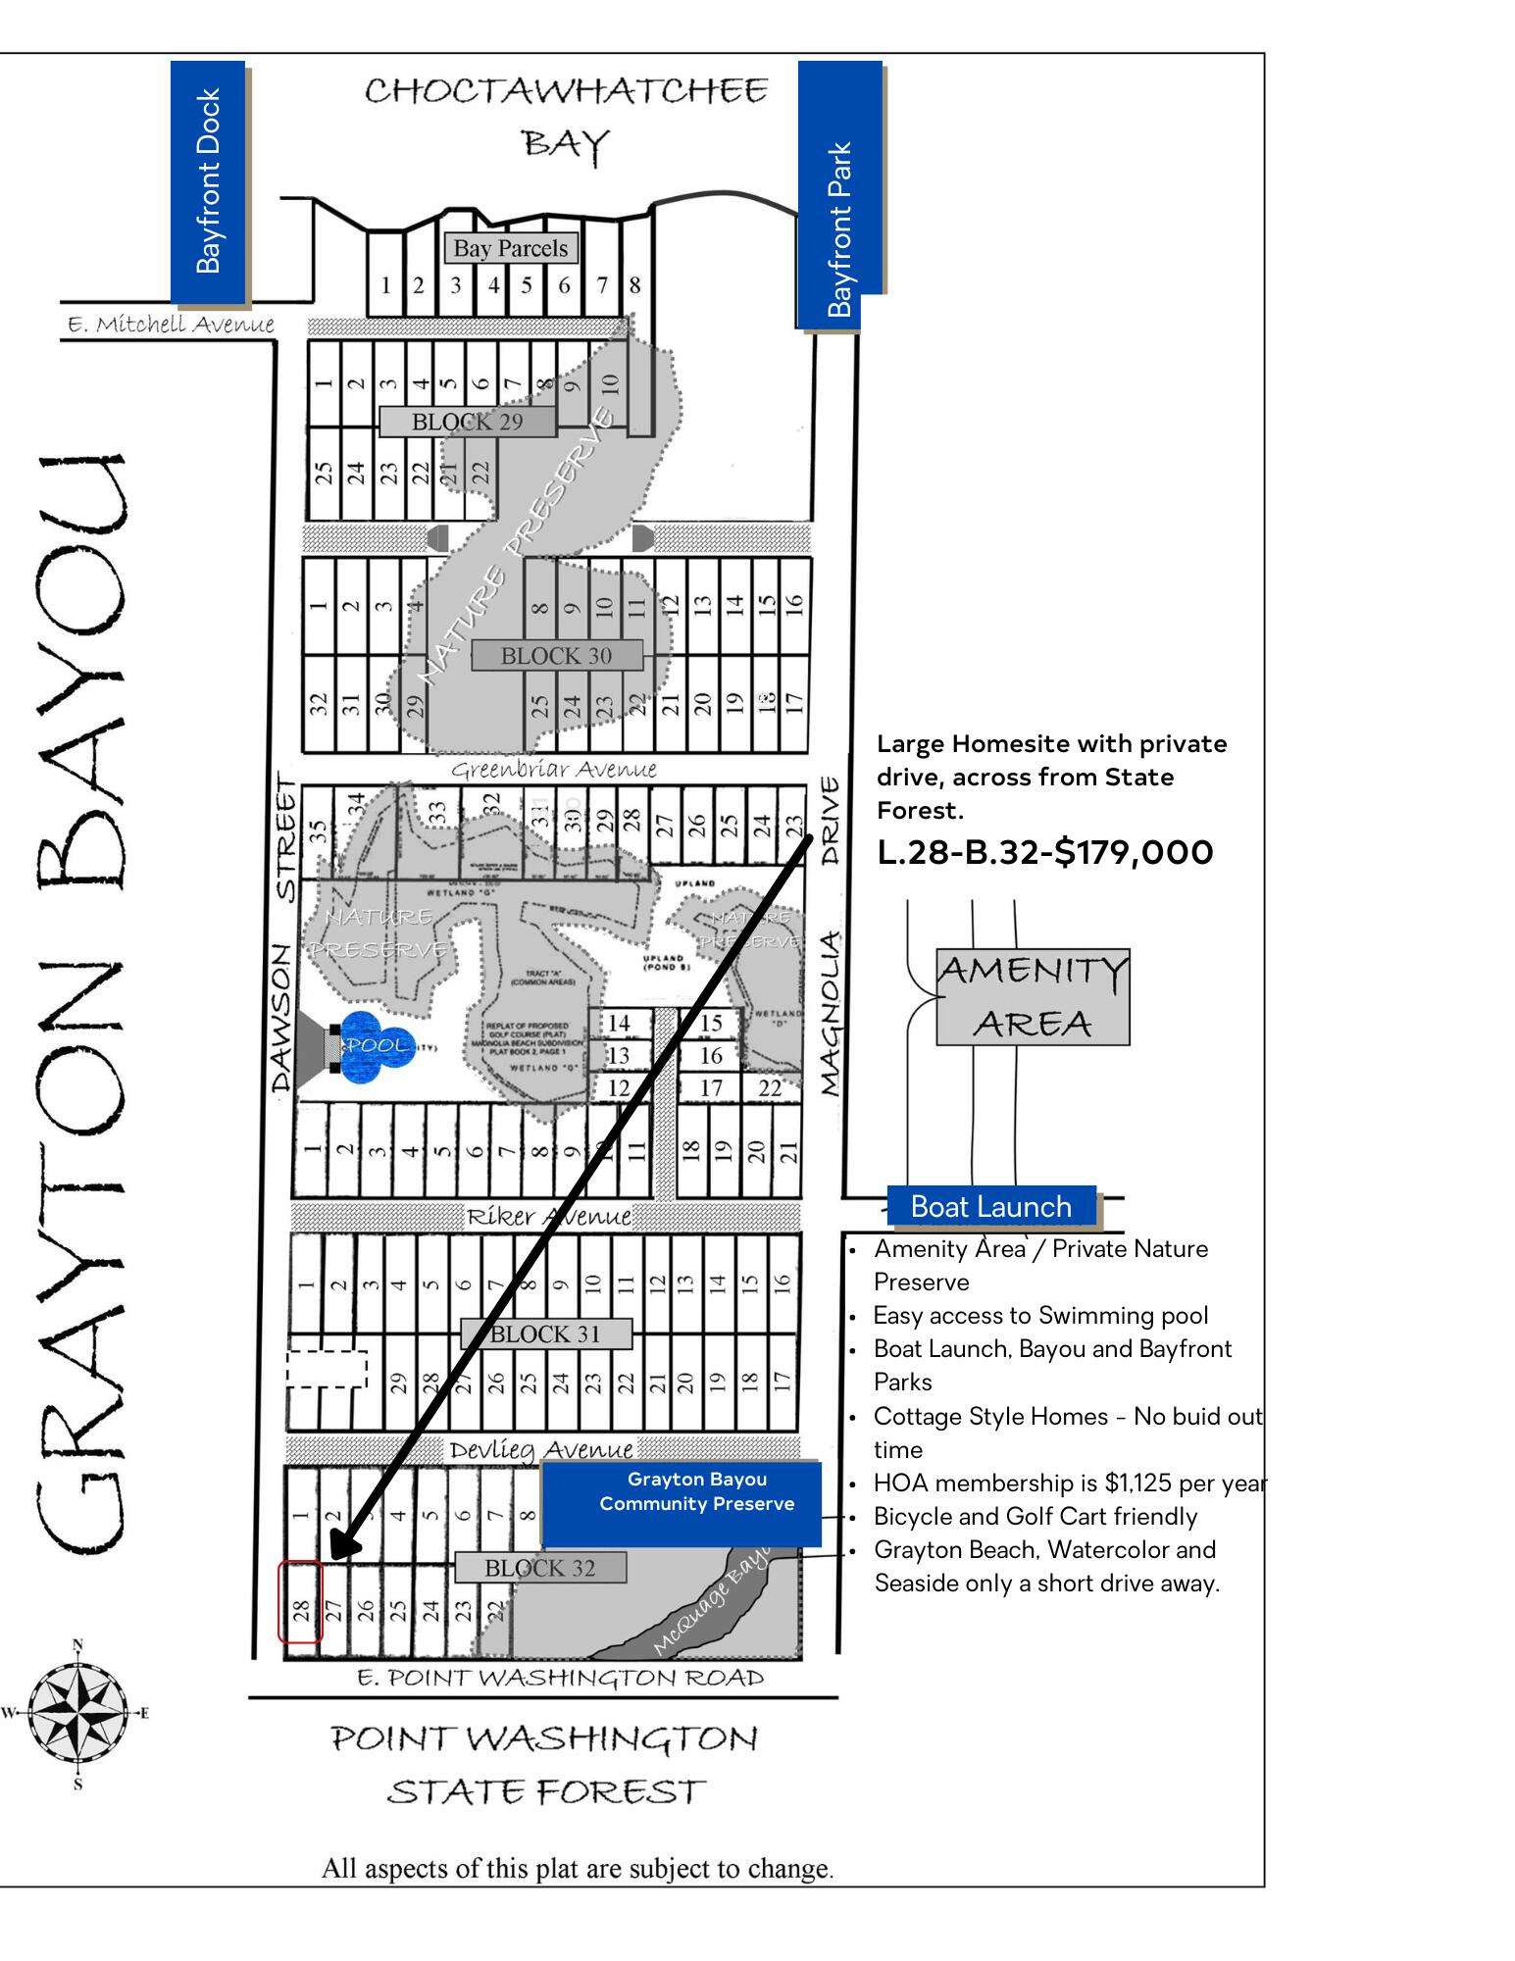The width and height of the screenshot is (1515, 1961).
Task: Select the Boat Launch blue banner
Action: point(990,1207)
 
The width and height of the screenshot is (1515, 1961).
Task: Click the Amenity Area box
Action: point(1033,996)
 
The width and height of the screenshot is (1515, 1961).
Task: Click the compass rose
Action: point(76,1713)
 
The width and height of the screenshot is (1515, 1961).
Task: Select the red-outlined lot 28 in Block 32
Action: point(300,1602)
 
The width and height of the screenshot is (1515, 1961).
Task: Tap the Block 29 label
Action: point(467,422)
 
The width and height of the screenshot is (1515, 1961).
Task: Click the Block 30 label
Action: point(556,656)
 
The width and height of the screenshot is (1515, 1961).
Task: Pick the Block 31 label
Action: point(545,1333)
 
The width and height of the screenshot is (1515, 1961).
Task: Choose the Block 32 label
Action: point(539,1568)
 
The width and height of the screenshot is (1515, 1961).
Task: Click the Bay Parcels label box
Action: point(510,248)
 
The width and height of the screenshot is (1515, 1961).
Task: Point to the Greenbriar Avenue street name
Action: point(553,770)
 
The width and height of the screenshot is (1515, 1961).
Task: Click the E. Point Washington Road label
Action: point(560,1678)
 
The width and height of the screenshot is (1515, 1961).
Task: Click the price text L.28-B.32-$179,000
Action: point(1045,852)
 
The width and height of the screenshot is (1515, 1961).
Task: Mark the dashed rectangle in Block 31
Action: point(327,1369)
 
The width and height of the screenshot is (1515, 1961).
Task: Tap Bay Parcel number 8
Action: point(634,285)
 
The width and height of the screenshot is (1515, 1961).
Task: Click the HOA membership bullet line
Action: point(1069,1483)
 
